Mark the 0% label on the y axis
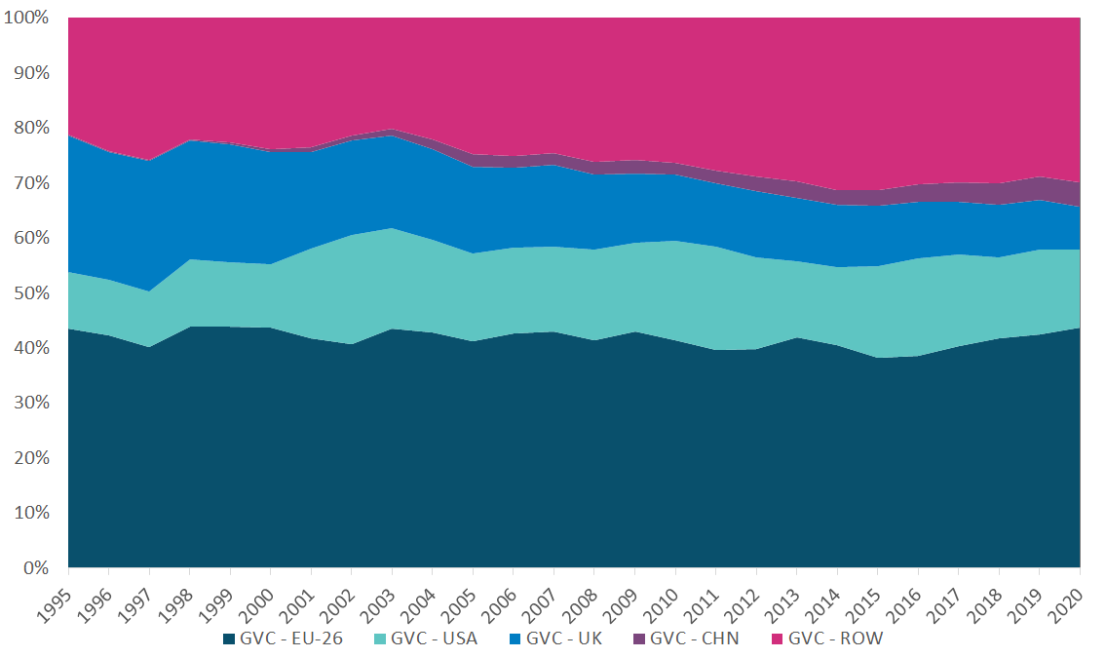(36, 567)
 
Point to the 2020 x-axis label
(1069, 597)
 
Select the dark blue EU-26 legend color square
(229, 639)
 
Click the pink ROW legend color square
(776, 639)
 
